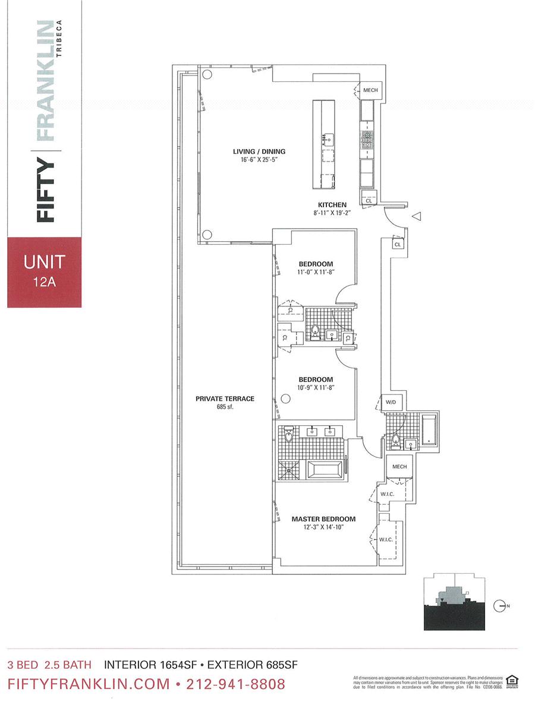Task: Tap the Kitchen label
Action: pos(332,205)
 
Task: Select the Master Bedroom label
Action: pos(323,519)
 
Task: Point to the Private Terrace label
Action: pos(225,399)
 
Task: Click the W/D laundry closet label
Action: pos(391,403)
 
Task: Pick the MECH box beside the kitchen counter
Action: pos(370,90)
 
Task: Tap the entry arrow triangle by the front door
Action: pos(417,217)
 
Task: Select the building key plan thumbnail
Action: pos(452,602)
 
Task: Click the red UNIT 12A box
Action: pos(44,272)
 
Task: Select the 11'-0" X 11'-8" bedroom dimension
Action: pos(316,273)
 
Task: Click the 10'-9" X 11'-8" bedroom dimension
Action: pos(316,388)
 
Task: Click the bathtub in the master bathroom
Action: pos(325,471)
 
